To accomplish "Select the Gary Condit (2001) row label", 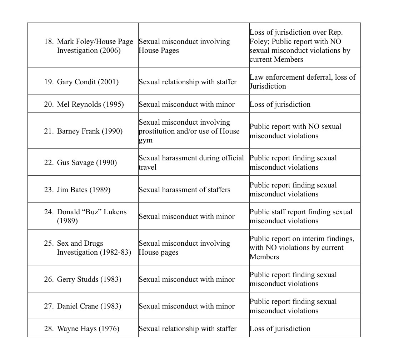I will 88,82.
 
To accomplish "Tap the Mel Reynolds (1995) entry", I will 90,104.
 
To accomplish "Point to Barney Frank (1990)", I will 90,131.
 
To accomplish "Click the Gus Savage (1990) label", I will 87,162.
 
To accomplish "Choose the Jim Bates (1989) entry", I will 84,190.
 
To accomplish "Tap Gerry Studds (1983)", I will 89,279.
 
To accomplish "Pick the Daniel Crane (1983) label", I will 89,306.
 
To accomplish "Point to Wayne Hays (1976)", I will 88,329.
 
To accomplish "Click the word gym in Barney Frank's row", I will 145,140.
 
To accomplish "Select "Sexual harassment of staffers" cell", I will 184,190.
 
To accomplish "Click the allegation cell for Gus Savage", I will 191,162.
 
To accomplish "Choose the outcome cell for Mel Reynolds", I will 280,104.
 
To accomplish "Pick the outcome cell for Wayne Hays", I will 280,329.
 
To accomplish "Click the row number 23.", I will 49,190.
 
